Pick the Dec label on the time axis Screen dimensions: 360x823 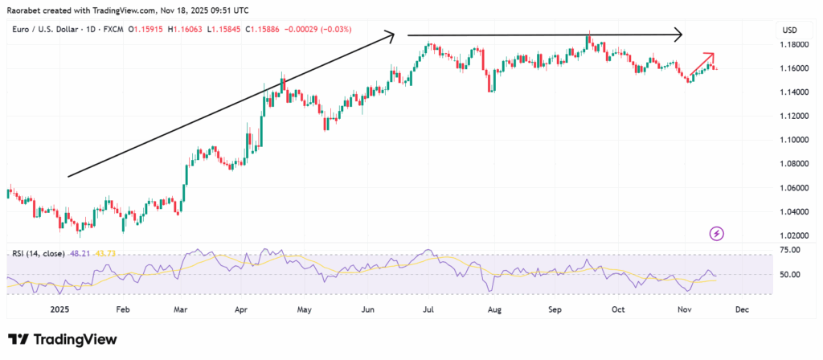tap(742, 308)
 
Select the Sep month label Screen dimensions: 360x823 tap(555, 308)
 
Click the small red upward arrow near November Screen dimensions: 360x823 tap(702, 64)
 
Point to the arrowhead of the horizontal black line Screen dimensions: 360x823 tap(678, 35)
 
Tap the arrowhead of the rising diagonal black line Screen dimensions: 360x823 tap(390, 35)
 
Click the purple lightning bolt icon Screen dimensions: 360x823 tap(717, 234)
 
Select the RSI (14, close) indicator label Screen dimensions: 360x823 tap(39, 253)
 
